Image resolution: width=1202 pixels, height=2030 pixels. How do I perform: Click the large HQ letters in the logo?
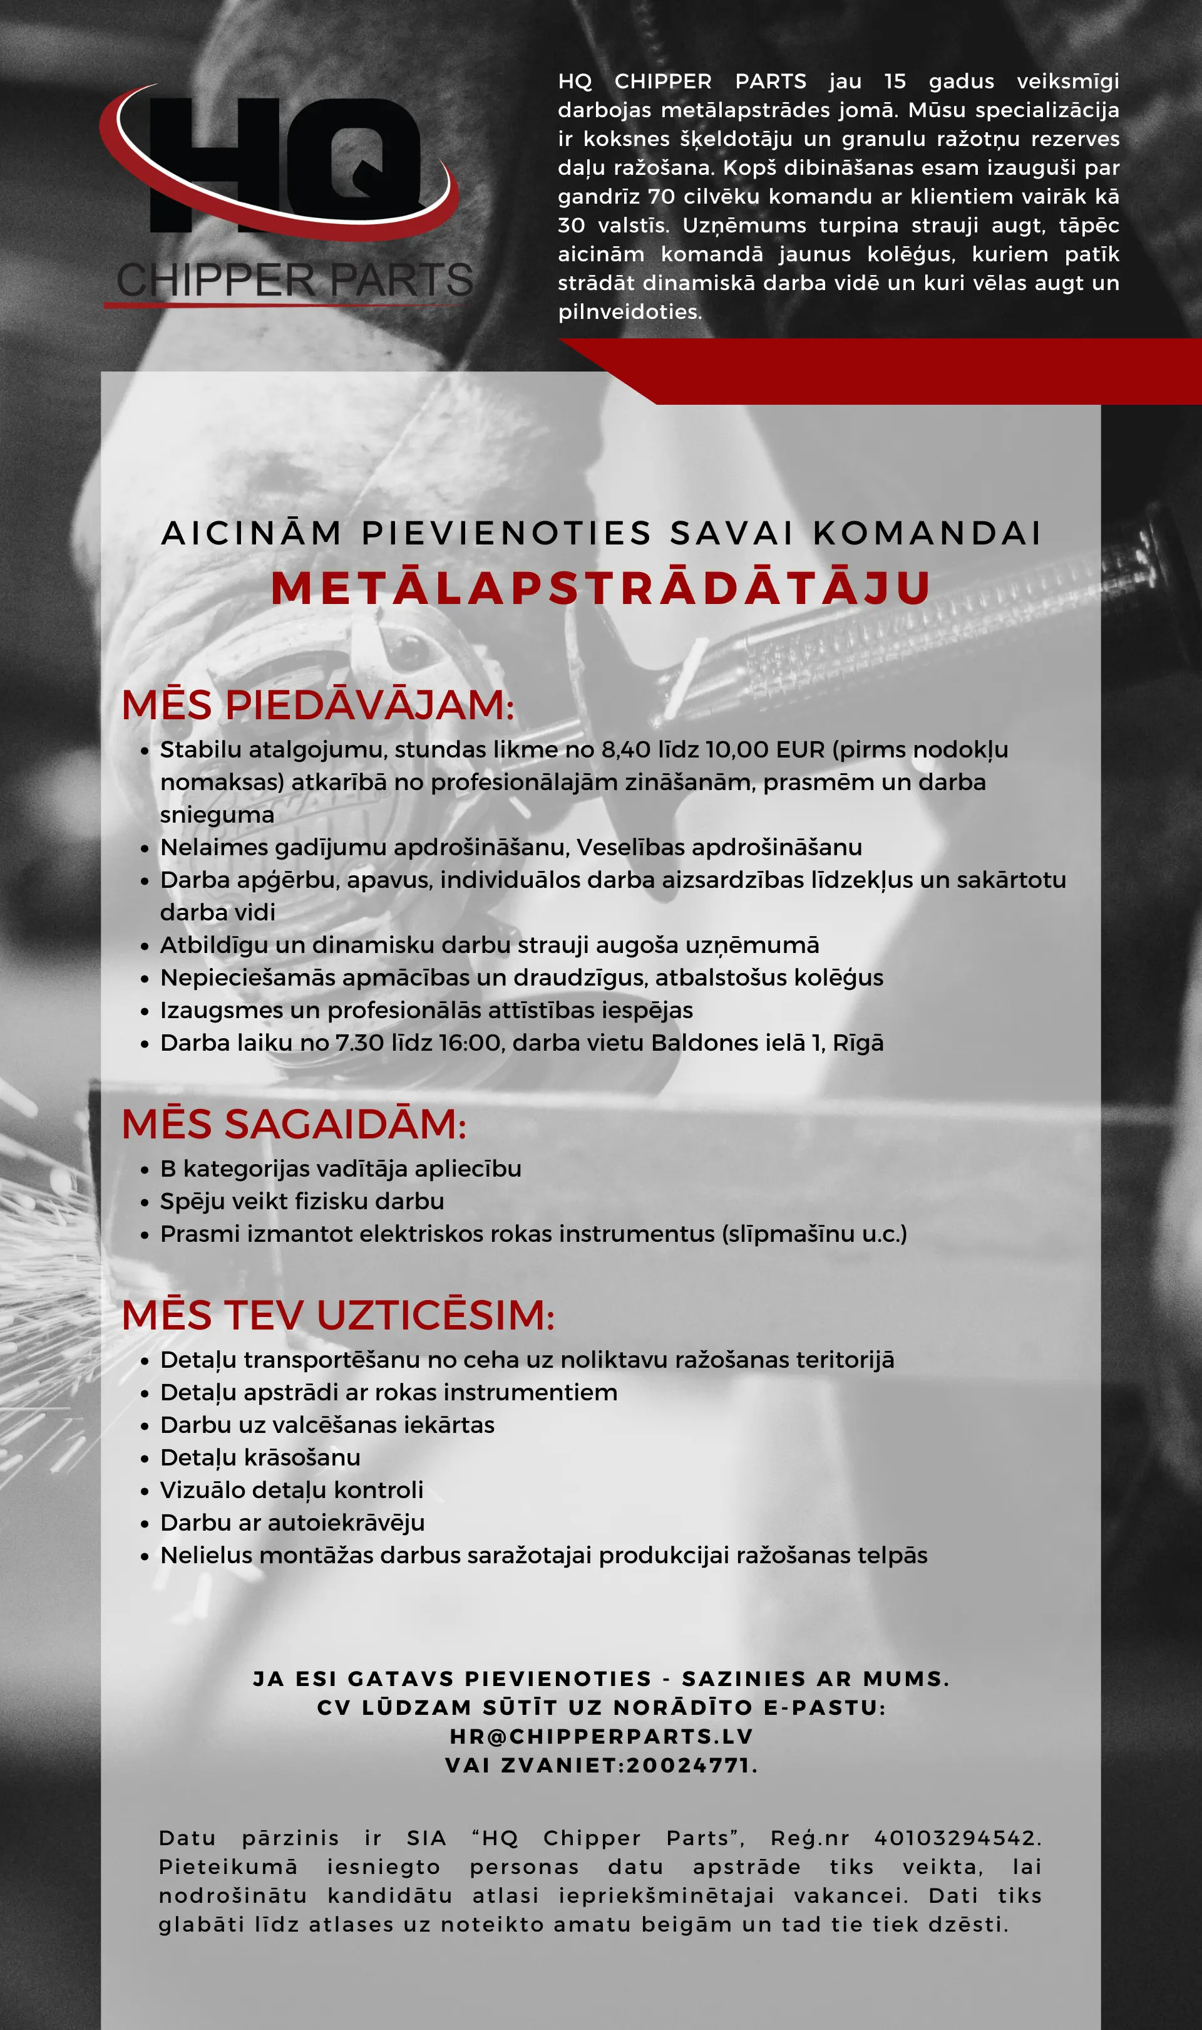284,162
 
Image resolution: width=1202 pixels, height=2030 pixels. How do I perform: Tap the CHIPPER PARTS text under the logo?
294,279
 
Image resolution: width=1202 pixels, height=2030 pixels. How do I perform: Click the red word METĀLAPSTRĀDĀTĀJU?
600,588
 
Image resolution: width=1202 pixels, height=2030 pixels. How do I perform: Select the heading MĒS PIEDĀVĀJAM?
317,705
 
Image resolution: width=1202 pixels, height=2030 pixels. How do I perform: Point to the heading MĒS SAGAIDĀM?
294,1124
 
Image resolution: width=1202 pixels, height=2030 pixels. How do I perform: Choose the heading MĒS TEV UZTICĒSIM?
338,1314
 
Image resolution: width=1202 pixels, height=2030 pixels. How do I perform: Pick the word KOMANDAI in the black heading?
927,533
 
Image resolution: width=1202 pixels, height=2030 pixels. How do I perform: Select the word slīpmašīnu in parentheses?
788,1234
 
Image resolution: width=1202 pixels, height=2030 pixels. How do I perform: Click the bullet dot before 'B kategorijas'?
145,1170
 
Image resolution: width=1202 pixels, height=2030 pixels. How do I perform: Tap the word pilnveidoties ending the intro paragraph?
629,312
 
